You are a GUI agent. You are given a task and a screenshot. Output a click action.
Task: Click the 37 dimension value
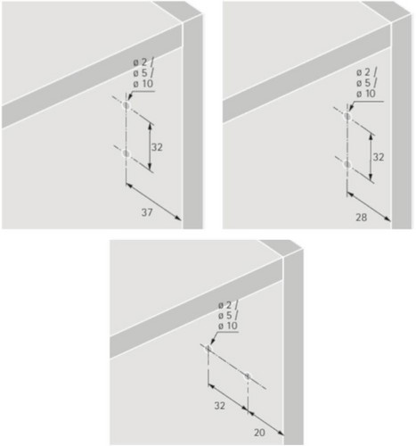pos(147,212)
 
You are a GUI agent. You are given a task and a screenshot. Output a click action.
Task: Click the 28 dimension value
pos(362,218)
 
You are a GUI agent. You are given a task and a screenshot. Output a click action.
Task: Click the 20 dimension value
pos(259,433)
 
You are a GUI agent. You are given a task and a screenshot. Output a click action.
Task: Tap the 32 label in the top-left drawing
pos(157,147)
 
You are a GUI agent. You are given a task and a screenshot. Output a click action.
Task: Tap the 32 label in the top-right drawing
pos(379,157)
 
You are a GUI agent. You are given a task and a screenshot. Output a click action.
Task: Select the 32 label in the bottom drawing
pos(220,406)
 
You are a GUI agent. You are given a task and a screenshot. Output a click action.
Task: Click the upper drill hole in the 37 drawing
pos(126,105)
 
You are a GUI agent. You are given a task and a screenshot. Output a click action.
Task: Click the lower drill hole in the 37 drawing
pos(126,153)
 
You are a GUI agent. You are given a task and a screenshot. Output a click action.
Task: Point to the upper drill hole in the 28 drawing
pos(347,116)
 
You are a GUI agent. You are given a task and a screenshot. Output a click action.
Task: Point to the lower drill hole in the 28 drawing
pos(347,164)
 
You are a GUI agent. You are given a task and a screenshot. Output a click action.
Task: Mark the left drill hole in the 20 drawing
pos(208,348)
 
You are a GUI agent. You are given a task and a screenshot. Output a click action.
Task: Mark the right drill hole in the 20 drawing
pos(248,376)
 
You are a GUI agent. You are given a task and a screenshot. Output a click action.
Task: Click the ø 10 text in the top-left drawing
pos(143,84)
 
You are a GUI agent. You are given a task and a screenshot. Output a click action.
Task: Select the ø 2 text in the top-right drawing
pos(364,72)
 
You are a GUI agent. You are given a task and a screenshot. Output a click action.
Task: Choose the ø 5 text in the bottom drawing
pos(226,316)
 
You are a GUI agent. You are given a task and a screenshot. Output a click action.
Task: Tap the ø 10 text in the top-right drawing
pos(366,94)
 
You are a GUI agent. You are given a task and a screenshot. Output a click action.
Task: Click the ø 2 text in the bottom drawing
pos(226,305)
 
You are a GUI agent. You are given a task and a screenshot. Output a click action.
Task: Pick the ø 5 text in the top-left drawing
pos(141,73)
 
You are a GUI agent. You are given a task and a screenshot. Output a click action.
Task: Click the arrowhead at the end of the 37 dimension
pos(178,218)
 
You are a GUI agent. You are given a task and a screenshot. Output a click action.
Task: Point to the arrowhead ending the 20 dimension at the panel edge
pos(281,433)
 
